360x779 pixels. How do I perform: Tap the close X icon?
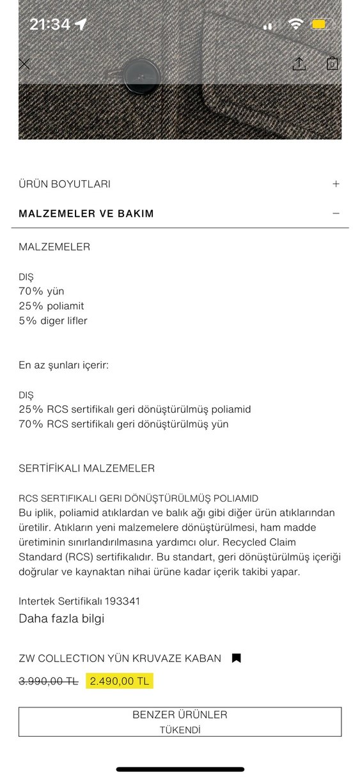click(x=24, y=64)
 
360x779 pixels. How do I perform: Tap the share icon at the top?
click(x=299, y=64)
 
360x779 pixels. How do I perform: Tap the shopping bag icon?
click(x=333, y=64)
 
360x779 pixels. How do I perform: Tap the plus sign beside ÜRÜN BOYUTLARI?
click(x=336, y=184)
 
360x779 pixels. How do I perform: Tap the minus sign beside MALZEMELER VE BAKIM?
click(x=336, y=213)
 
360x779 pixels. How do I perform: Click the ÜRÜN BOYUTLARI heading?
click(x=65, y=184)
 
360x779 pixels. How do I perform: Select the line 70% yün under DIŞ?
click(x=42, y=291)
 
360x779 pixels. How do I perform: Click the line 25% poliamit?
click(x=51, y=306)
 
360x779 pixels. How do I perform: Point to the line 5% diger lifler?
click(x=53, y=321)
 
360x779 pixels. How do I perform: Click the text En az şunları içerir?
click(x=63, y=366)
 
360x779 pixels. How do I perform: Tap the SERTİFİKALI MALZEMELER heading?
click(x=86, y=468)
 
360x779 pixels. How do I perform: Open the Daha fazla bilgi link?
click(x=61, y=619)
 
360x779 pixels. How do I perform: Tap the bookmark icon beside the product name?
click(x=236, y=658)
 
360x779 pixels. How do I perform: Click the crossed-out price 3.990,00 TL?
click(x=49, y=681)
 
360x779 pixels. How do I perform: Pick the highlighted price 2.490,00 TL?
click(x=120, y=681)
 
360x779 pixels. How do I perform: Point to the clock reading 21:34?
click(x=49, y=24)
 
